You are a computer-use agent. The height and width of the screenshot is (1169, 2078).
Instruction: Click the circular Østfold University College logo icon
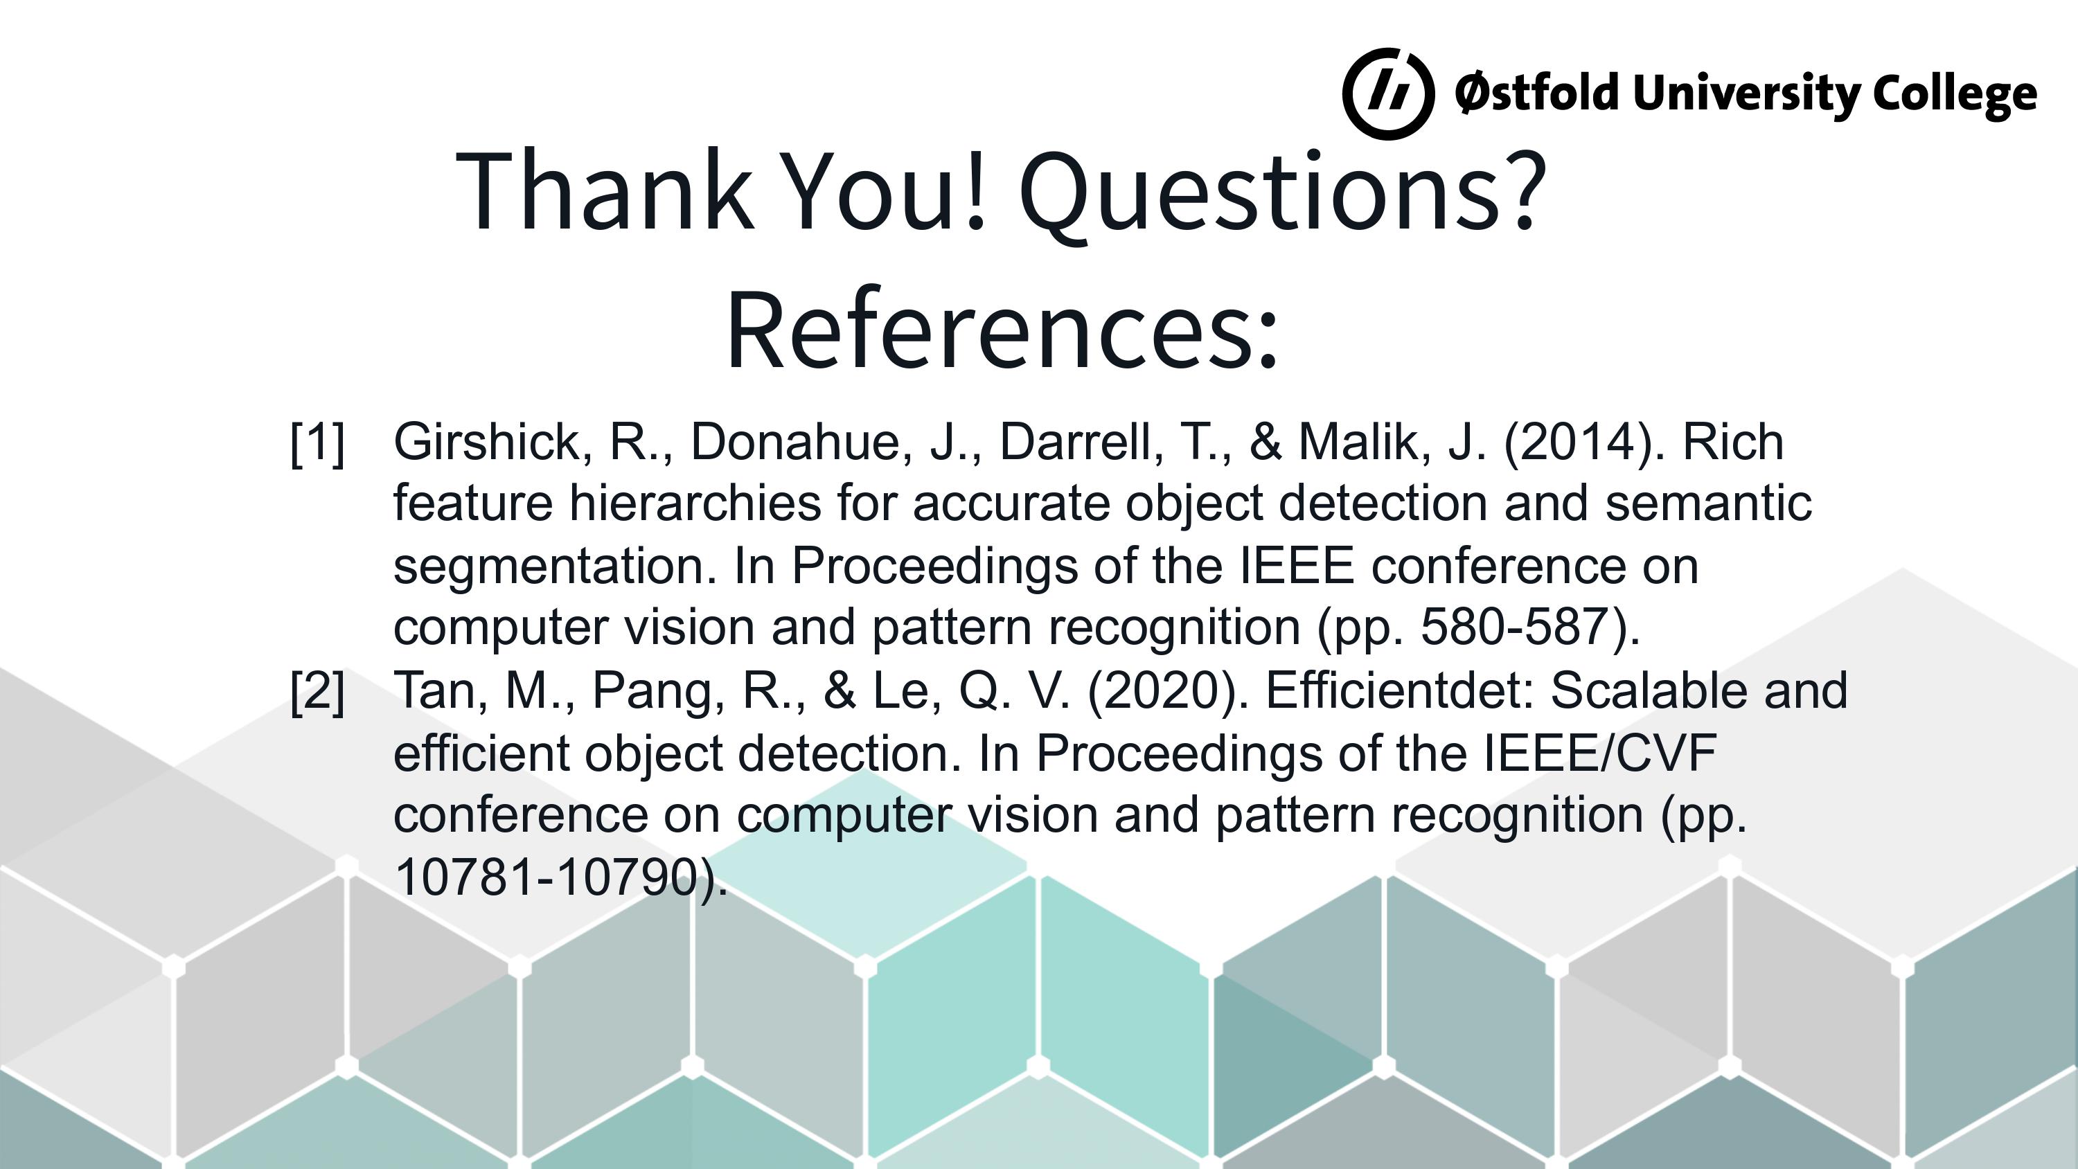point(1388,93)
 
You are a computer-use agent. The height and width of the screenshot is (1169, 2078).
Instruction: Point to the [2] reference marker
point(318,690)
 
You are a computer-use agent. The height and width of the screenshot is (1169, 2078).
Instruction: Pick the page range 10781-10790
point(546,877)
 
